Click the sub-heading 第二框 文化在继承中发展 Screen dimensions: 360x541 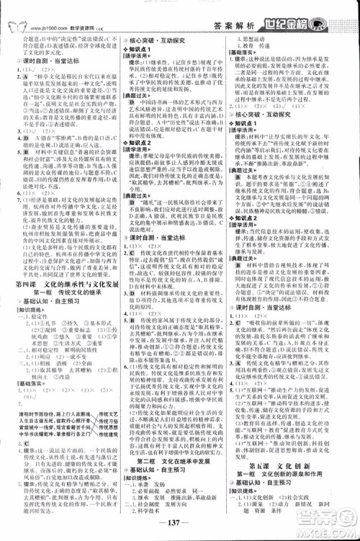[x=178, y=465]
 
